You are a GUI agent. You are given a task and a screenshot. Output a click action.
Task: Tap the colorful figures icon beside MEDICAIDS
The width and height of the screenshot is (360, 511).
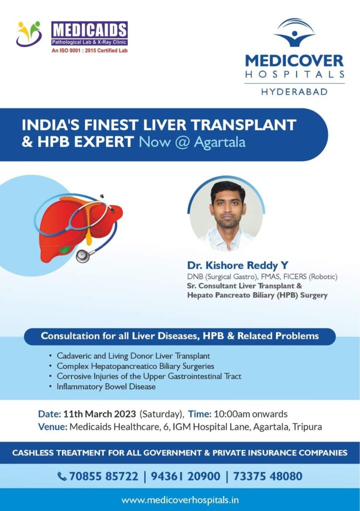[29, 33]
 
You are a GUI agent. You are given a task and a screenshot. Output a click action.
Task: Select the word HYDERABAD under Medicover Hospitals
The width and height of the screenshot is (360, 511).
[295, 92]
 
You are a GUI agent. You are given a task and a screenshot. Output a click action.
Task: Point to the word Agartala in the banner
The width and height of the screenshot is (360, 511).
[220, 142]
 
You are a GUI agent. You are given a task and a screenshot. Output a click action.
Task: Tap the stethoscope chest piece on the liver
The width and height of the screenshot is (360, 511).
[83, 256]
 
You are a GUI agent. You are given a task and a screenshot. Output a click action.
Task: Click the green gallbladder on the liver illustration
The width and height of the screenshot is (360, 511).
[64, 250]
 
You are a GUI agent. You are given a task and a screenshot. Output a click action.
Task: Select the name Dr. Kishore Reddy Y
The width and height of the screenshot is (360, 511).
[238, 265]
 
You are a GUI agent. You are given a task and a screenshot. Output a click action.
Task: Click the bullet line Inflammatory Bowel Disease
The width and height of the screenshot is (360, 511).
[106, 387]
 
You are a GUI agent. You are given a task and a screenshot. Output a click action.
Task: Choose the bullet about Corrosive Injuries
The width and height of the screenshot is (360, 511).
[149, 376]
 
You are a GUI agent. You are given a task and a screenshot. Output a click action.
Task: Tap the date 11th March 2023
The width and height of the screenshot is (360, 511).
[99, 414]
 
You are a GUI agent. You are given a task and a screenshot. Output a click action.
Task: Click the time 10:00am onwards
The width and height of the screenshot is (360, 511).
[251, 414]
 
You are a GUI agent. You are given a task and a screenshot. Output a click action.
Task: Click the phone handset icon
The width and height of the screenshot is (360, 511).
[62, 477]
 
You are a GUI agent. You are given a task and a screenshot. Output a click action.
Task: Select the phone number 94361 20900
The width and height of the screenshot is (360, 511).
[186, 476]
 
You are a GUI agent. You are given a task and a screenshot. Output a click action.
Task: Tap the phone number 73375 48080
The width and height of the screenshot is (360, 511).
[268, 476]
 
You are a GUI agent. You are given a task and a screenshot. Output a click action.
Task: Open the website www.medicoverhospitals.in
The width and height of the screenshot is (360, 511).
[180, 500]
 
